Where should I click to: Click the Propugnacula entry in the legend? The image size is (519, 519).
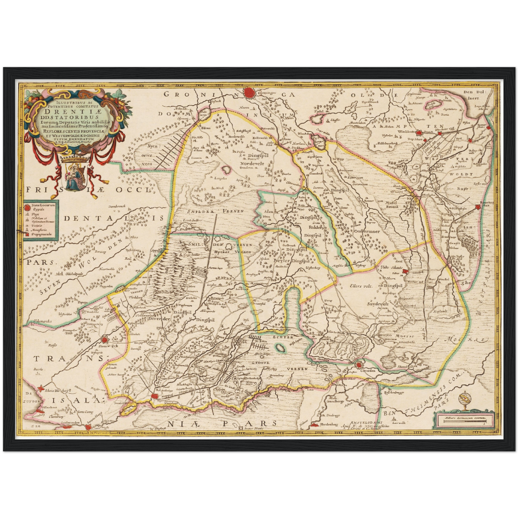pyautogui.click(x=40, y=234)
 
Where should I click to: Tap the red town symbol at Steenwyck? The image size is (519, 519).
pyautogui.click(x=105, y=339)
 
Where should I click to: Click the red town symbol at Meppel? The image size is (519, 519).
pyautogui.click(x=155, y=395)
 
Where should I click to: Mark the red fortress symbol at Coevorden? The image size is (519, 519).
pyautogui.click(x=358, y=365)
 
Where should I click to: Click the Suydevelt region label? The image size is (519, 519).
pyautogui.click(x=378, y=303)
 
